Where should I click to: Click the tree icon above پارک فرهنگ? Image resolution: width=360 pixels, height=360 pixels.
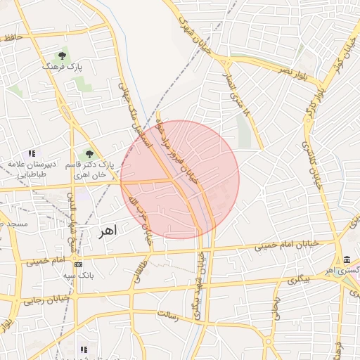pos(63,55)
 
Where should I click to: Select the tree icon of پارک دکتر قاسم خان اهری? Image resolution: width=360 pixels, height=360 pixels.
pos(89,153)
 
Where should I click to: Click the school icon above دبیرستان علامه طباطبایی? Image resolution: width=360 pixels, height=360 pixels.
pos(31,153)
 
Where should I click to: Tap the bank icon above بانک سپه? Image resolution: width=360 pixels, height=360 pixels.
pos(78,264)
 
